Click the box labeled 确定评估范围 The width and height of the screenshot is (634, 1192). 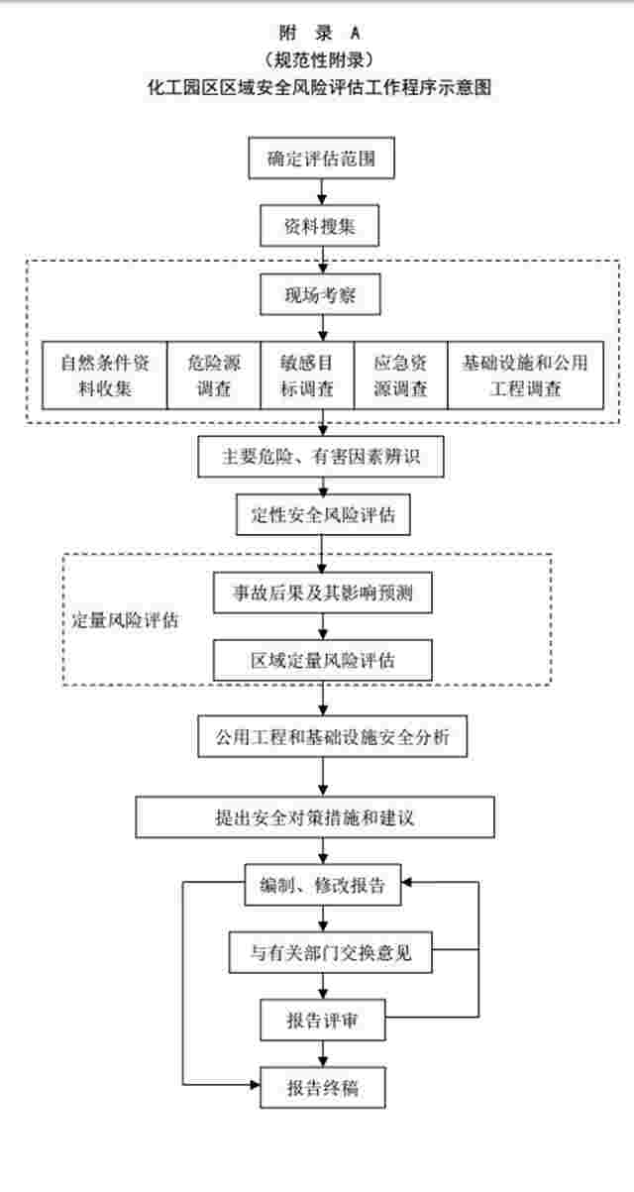[x=321, y=159]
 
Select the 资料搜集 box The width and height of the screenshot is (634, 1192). [x=320, y=226]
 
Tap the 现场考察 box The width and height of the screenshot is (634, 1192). [x=320, y=294]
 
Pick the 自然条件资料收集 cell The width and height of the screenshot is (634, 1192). [x=105, y=376]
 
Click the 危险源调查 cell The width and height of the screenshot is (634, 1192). [x=214, y=376]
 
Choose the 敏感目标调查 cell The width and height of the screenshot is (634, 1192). [x=307, y=376]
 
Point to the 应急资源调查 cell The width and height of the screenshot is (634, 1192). [x=401, y=376]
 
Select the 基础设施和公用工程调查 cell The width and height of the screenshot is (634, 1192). [x=525, y=376]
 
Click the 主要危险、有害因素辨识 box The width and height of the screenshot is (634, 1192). [x=321, y=457]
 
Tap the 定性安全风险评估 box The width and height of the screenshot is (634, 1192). [x=323, y=514]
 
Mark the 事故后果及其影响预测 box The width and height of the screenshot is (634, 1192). [x=323, y=593]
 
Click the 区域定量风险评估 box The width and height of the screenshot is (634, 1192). [x=323, y=660]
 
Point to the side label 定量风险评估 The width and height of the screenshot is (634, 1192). [x=125, y=620]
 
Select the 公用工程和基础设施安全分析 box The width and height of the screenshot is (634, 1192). [x=333, y=736]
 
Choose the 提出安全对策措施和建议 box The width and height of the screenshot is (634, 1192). [x=315, y=817]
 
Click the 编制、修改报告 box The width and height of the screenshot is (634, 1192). [x=323, y=885]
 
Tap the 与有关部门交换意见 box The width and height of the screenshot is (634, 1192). [x=330, y=952]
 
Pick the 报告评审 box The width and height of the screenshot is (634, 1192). [x=323, y=1021]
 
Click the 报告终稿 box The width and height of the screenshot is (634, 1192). [x=323, y=1088]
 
